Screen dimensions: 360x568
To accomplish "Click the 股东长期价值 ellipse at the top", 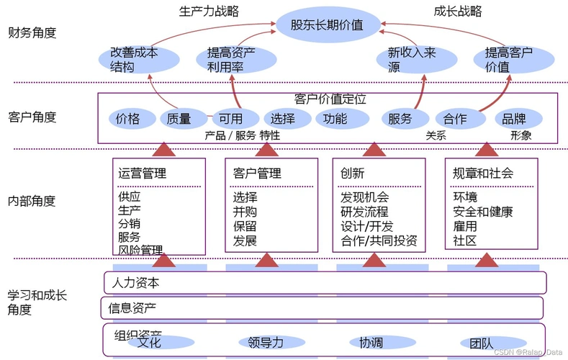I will pyautogui.click(x=327, y=26).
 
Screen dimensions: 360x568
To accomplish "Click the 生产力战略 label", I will pyautogui.click(x=209, y=11).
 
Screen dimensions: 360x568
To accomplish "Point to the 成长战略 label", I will pyautogui.click(x=458, y=11).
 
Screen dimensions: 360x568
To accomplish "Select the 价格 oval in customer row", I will pyautogui.click(x=127, y=119).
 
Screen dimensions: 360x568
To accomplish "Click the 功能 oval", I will pyautogui.click(x=335, y=119).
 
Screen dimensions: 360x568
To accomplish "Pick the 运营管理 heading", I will pyautogui.click(x=143, y=174).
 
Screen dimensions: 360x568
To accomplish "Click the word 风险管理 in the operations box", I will pyautogui.click(x=141, y=250).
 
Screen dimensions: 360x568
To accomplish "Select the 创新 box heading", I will pyautogui.click(x=353, y=174).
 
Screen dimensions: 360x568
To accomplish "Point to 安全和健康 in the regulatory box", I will pyautogui.click(x=483, y=212).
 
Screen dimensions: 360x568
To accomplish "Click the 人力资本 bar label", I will pyautogui.click(x=134, y=283).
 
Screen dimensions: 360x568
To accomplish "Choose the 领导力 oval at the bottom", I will pyautogui.click(x=266, y=343).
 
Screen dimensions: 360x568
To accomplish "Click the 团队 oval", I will pyautogui.click(x=482, y=343).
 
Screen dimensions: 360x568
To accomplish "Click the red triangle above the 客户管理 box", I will pyautogui.click(x=267, y=148).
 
